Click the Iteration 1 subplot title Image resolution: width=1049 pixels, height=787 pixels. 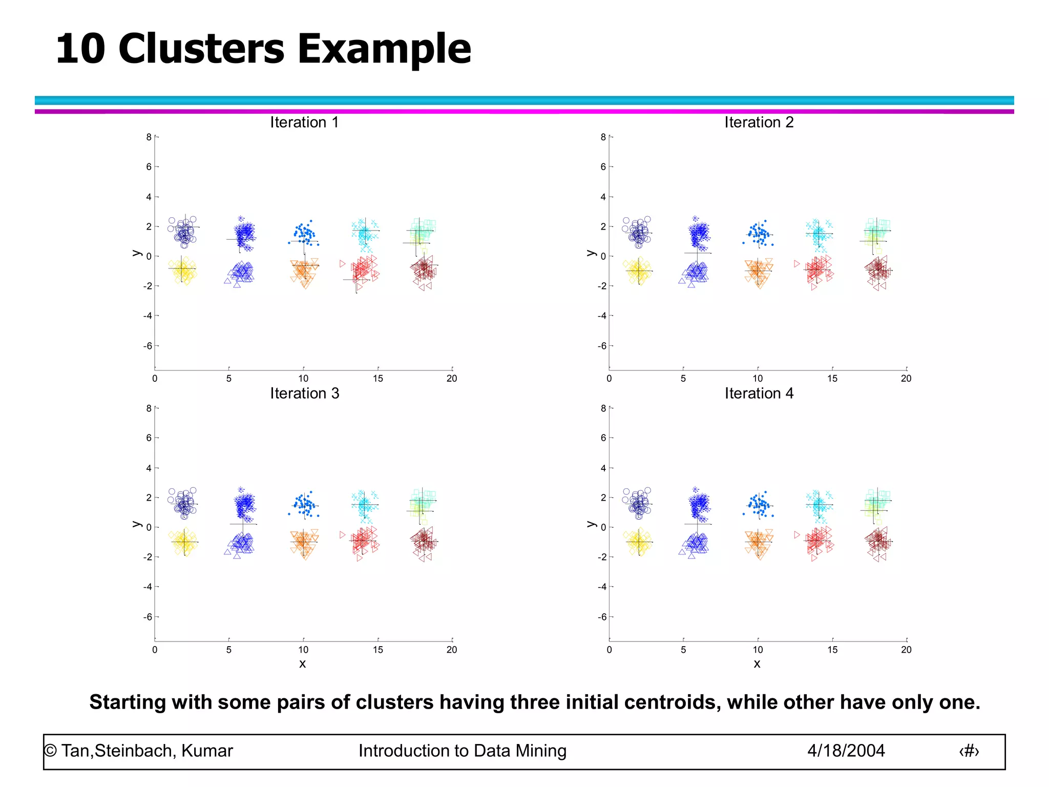pyautogui.click(x=304, y=122)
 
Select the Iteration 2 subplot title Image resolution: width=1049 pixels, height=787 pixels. pyautogui.click(x=759, y=122)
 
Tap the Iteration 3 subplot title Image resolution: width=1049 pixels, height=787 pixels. pyautogui.click(x=304, y=393)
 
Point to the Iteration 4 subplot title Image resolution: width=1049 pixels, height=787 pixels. pyautogui.click(x=759, y=393)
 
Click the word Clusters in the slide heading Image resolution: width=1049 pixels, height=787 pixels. pyautogui.click(x=201, y=49)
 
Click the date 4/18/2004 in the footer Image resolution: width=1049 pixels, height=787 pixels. pyautogui.click(x=846, y=751)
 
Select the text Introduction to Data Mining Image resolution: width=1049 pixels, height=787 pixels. pyautogui.click(x=462, y=751)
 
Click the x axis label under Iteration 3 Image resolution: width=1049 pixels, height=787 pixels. pyautogui.click(x=303, y=664)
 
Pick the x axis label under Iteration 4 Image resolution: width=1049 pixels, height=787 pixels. pyautogui.click(x=757, y=664)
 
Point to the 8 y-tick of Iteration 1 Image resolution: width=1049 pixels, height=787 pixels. pyautogui.click(x=149, y=137)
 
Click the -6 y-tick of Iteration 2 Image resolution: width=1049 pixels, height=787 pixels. pyautogui.click(x=602, y=346)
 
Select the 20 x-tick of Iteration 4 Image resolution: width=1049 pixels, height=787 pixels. pyautogui.click(x=906, y=650)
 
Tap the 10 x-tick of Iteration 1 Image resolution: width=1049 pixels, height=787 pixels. pyautogui.click(x=303, y=379)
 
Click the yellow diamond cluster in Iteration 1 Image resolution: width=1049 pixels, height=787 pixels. pyautogui.click(x=183, y=271)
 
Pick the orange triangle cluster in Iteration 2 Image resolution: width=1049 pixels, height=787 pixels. pyautogui.click(x=758, y=272)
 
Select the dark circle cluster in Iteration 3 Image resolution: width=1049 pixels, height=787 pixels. pyautogui.click(x=183, y=504)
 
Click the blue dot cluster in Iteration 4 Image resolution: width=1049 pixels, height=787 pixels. pyautogui.click(x=759, y=505)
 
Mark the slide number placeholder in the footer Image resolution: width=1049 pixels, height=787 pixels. pyautogui.click(x=969, y=751)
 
